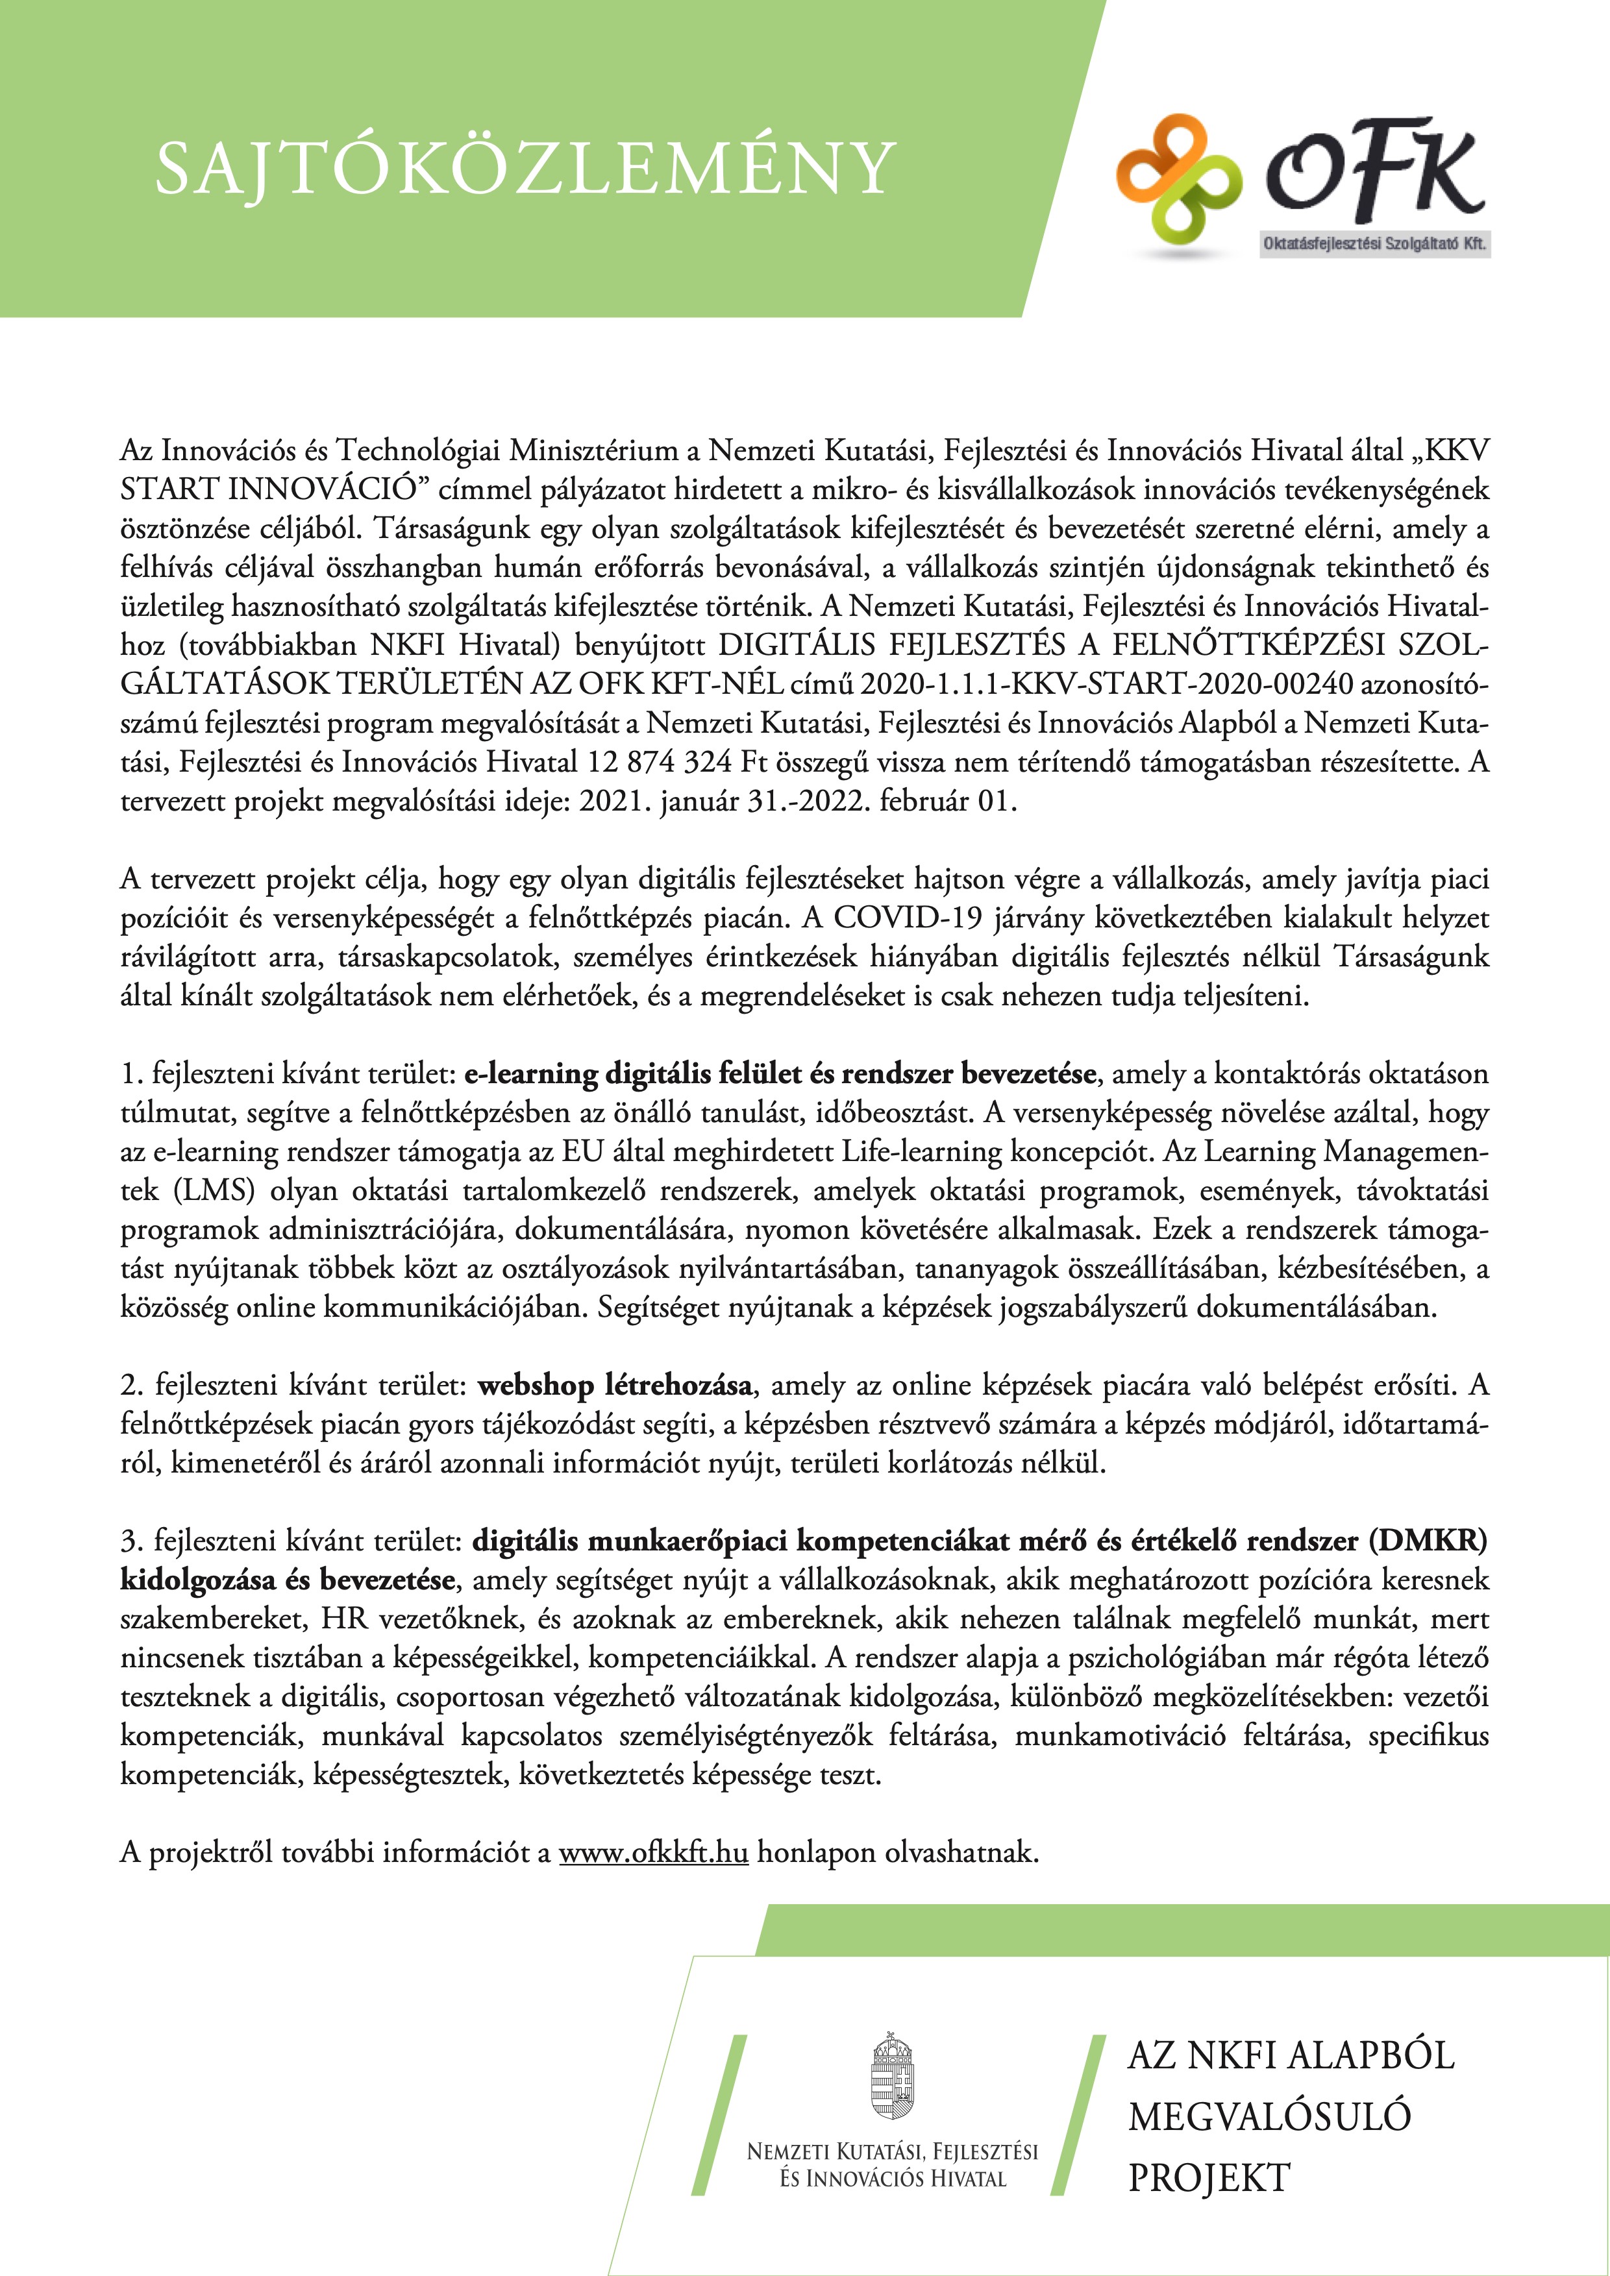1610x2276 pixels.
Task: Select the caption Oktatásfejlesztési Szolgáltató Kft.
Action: pyautogui.click(x=1374, y=244)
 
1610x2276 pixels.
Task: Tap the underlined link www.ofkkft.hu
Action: pyautogui.click(x=653, y=1852)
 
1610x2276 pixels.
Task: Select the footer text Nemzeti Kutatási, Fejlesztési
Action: pyautogui.click(x=891, y=2151)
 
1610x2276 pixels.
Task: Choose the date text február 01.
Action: pyautogui.click(x=958, y=801)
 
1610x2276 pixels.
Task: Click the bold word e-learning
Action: pyautogui.click(x=530, y=1073)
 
